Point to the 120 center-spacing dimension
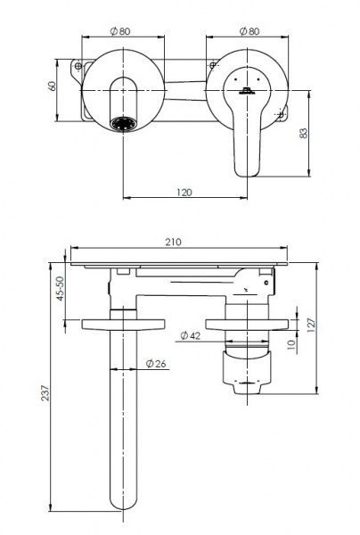[184, 192]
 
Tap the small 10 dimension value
[290, 342]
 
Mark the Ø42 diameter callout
[190, 335]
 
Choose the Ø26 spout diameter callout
[153, 363]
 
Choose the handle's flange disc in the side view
[243, 323]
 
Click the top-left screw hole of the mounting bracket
[79, 66]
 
